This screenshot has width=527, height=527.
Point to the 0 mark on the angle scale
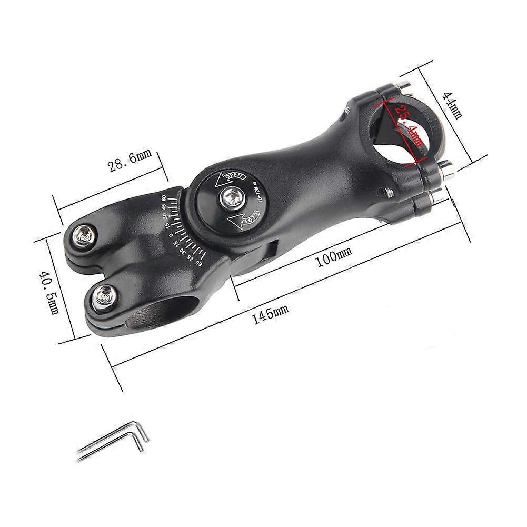pyautogui.click(x=171, y=235)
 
